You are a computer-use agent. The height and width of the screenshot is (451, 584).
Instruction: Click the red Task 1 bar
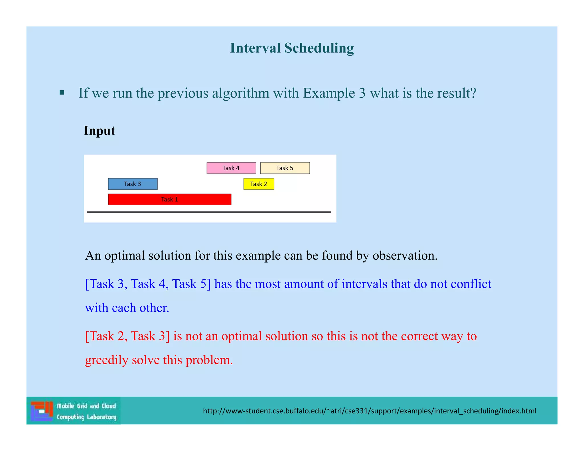[169, 199]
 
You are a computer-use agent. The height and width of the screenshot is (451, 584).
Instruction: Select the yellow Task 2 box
[259, 184]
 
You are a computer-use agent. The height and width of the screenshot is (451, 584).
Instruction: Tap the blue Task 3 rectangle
[133, 184]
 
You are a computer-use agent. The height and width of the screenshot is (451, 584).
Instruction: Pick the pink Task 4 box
[231, 168]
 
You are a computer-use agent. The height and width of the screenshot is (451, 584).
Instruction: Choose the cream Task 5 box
[285, 168]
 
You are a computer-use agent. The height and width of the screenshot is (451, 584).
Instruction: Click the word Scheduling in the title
[319, 48]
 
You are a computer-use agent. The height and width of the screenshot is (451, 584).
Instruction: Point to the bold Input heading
[99, 131]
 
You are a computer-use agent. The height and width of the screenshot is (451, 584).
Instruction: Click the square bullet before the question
[62, 93]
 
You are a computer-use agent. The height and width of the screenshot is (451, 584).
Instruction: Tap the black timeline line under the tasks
[209, 212]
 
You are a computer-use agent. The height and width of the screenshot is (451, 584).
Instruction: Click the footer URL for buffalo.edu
[369, 411]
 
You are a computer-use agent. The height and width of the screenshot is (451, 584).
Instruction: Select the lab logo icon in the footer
[42, 411]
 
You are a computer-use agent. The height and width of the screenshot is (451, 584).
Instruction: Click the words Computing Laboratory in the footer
[86, 417]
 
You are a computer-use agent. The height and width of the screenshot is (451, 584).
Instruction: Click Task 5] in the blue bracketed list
[191, 284]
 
